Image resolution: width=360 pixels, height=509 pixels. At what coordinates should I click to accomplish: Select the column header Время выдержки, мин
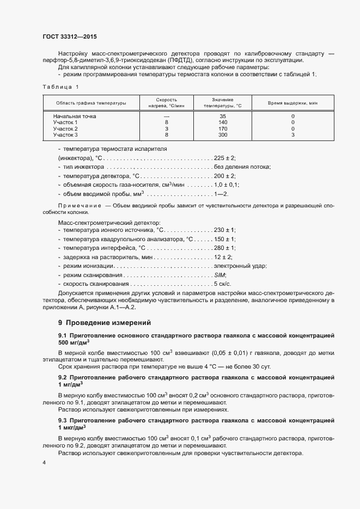point(292,103)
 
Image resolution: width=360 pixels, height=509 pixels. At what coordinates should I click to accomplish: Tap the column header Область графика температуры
point(91,103)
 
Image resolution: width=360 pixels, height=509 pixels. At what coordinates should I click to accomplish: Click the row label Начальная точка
point(74,116)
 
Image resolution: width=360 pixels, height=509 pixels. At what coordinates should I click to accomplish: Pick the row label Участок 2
point(65,128)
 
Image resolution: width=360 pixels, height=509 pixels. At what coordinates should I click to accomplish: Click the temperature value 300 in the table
point(222,134)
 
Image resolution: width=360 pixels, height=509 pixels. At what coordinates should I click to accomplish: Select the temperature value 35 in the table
point(222,116)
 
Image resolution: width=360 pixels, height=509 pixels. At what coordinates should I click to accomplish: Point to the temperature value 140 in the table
point(222,122)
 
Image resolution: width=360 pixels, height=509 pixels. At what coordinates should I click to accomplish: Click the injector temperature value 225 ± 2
point(224,157)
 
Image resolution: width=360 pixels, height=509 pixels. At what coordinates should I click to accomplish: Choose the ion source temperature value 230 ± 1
point(224,230)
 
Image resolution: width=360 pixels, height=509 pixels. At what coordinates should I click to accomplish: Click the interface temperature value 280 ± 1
point(224,248)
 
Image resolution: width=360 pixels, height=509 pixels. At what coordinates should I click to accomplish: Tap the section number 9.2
point(62,377)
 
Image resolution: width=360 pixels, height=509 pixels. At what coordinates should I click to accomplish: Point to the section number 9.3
point(62,420)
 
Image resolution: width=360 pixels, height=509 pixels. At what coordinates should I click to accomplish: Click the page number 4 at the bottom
point(44,462)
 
